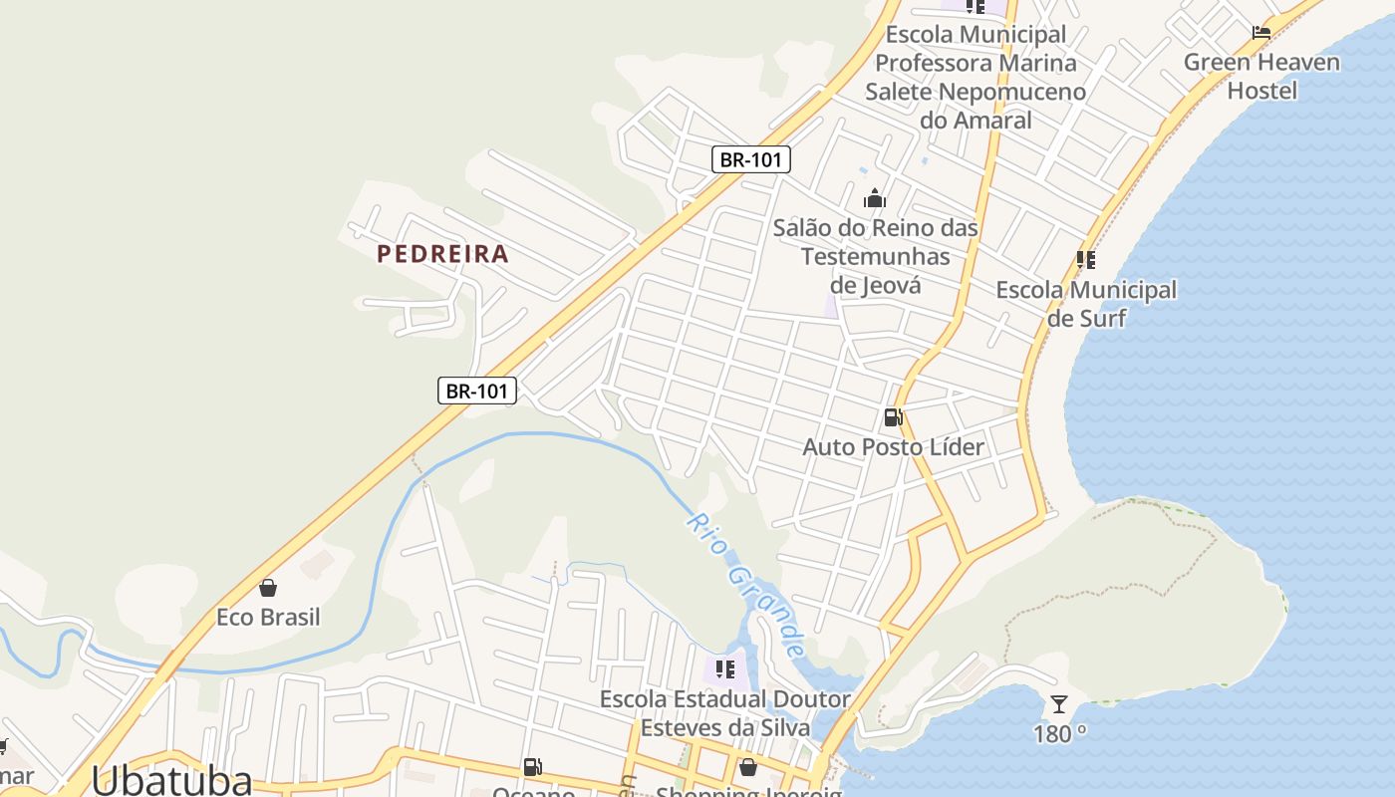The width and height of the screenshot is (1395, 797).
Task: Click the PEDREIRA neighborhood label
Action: point(442,254)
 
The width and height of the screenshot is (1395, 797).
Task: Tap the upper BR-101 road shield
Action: point(751,159)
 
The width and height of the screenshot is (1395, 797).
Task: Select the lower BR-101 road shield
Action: point(476,391)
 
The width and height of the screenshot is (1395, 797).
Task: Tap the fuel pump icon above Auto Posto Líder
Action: point(893,417)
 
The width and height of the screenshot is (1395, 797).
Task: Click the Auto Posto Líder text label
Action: point(893,446)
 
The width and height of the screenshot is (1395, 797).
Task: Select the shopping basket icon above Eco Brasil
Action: point(267,588)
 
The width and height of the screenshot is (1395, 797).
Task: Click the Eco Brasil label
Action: point(268,618)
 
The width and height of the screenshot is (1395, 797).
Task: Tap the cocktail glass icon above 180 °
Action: point(1059,705)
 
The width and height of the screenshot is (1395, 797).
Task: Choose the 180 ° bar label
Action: point(1059,734)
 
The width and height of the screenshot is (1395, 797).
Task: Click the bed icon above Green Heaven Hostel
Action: point(1261,32)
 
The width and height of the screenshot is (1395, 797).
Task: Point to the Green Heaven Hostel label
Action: point(1261,77)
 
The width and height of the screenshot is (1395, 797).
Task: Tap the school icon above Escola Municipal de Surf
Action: point(1086,260)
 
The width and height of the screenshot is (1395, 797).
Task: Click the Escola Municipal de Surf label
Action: point(1086,304)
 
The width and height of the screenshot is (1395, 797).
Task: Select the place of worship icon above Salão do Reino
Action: point(875,198)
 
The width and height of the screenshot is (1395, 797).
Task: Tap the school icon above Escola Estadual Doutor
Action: point(725,668)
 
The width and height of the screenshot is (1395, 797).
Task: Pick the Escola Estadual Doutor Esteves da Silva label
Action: point(725,713)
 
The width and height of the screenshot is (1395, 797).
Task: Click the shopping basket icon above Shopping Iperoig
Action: point(747,767)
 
